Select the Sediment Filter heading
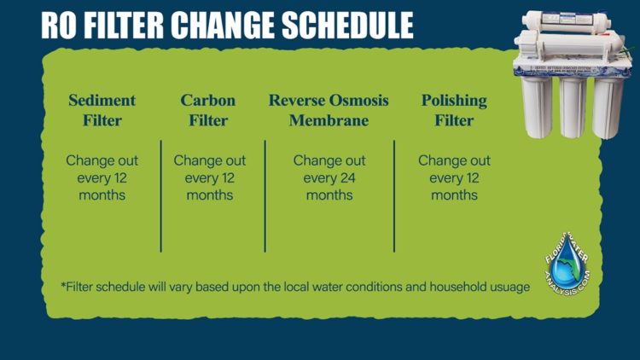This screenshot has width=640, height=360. click(x=102, y=111)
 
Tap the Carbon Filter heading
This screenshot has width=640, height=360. click(x=209, y=111)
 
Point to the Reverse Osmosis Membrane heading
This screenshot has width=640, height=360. click(x=329, y=111)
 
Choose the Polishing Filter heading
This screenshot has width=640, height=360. click(x=454, y=111)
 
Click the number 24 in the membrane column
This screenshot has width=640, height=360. click(x=346, y=178)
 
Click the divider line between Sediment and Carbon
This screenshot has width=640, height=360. click(x=160, y=196)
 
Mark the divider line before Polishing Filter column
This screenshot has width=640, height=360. click(x=394, y=196)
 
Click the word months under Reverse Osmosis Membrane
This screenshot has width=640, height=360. click(x=329, y=195)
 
